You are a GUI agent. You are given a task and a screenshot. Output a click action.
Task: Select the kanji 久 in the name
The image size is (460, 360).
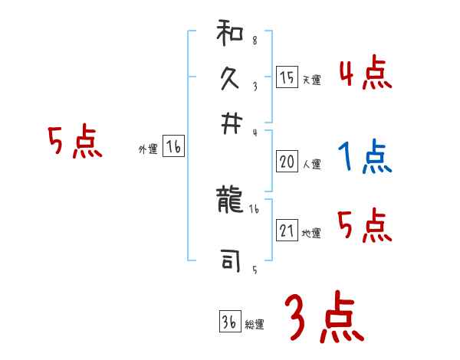(x=231, y=80)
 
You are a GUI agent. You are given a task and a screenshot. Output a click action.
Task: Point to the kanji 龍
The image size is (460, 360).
(x=231, y=203)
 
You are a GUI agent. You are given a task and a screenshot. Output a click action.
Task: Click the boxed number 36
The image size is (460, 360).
(x=229, y=322)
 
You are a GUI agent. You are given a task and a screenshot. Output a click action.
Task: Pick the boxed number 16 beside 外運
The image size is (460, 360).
(x=173, y=148)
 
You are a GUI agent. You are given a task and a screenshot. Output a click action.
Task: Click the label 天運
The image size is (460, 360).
(x=310, y=80)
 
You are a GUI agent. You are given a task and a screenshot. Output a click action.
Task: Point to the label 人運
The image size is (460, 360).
(x=310, y=164)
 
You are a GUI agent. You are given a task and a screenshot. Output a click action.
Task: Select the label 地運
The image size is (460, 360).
(x=310, y=234)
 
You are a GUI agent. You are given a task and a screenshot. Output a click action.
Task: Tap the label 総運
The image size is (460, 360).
(x=254, y=325)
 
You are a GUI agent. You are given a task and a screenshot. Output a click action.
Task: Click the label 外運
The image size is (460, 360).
(x=148, y=150)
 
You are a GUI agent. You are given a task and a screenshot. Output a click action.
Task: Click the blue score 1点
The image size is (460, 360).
(x=365, y=158)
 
